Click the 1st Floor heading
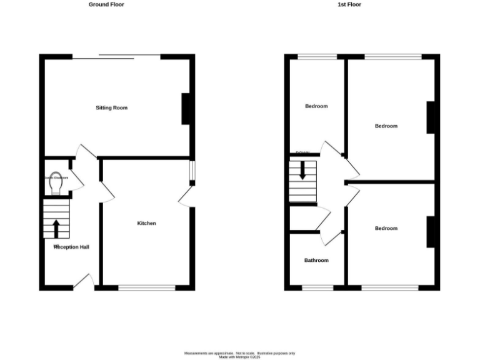pos(349,4)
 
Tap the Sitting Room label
pos(111,108)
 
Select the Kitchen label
pos(146,224)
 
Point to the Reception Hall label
pos(71,247)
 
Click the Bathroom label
pos(316,261)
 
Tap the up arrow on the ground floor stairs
pos(56,228)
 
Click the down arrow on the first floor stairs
pos(303,171)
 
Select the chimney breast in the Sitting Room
pos(186,109)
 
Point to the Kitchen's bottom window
pos(147,288)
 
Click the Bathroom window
pos(317,288)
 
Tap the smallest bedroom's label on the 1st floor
pos(316,106)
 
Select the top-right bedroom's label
pos(386,126)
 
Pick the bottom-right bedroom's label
pos(386,229)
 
